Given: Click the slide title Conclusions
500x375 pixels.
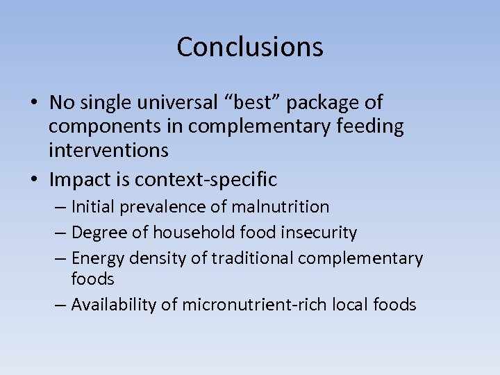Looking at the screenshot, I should coord(250,47).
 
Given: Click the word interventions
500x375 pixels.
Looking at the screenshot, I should coord(108,150).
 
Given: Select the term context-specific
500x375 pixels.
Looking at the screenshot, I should coord(206,181).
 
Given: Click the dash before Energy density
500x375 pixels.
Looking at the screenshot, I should coord(60,258).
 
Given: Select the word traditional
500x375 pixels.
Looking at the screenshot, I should coord(253,258).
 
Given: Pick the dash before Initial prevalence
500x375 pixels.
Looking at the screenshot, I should coord(60,207).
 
